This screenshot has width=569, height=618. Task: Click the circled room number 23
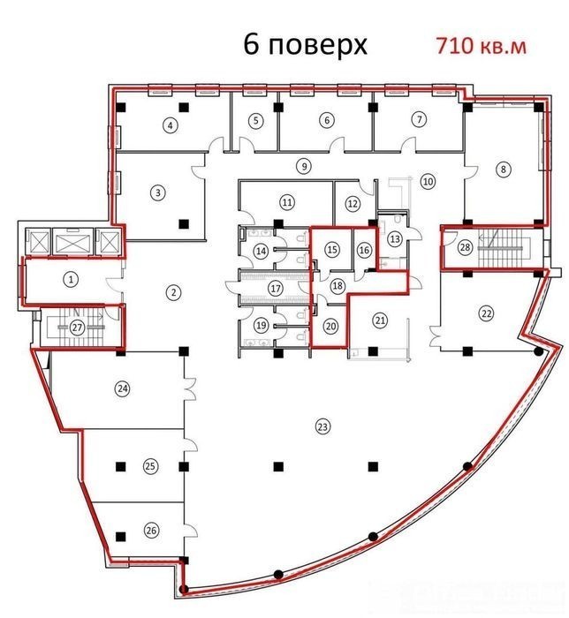[323, 426]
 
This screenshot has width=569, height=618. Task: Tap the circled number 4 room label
[170, 125]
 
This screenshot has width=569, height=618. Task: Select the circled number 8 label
[503, 170]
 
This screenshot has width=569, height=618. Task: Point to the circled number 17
[276, 288]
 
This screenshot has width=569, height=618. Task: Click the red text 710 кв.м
[481, 46]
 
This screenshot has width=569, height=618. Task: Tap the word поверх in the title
[317, 46]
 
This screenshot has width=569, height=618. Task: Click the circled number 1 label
[71, 280]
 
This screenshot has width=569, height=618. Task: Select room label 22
[486, 313]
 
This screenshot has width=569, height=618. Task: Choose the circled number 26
[151, 530]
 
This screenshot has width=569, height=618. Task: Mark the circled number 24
[123, 389]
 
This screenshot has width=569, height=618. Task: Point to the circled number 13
[395, 238]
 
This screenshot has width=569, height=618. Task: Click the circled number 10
[429, 181]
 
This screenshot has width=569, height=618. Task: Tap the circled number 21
[380, 320]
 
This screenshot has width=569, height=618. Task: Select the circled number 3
[158, 192]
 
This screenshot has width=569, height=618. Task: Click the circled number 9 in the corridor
[304, 166]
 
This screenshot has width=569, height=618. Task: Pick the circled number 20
[331, 326]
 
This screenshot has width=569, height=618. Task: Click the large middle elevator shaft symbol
[73, 241]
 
